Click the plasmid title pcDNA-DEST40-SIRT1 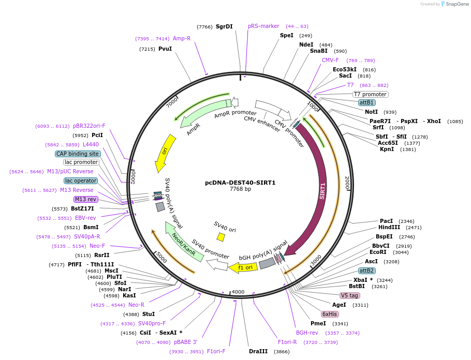pyautogui.click(x=240, y=183)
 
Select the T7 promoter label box pyautogui.click(x=370, y=94)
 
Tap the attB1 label pyautogui.click(x=366, y=102)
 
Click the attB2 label pyautogui.click(x=366, y=271)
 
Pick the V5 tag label pyautogui.click(x=350, y=295)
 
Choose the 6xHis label pyautogui.click(x=330, y=314)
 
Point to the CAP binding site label pyautogui.click(x=78, y=154)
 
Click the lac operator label pyautogui.click(x=81, y=181)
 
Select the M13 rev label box pyautogui.click(x=85, y=199)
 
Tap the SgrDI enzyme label pyautogui.click(x=224, y=26)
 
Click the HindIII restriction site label pyautogui.click(x=389, y=227)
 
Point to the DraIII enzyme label pyautogui.click(x=258, y=351)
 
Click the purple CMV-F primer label pyautogui.click(x=330, y=60)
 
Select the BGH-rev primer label pyautogui.click(x=307, y=333)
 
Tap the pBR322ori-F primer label pyautogui.click(x=89, y=126)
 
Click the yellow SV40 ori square pyautogui.click(x=221, y=237)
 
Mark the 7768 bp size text pyautogui.click(x=240, y=189)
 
